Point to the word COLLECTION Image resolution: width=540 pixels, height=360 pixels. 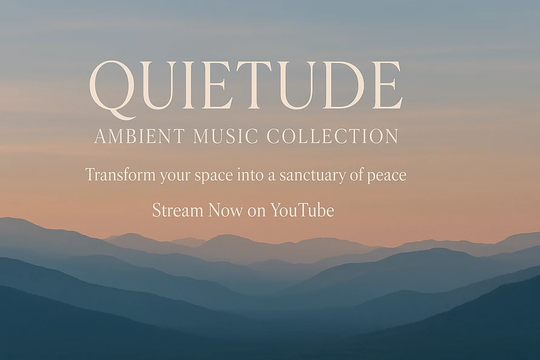coord(333,136)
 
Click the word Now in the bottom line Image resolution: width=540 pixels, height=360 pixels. coord(225,210)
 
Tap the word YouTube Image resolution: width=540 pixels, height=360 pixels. coord(302,210)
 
